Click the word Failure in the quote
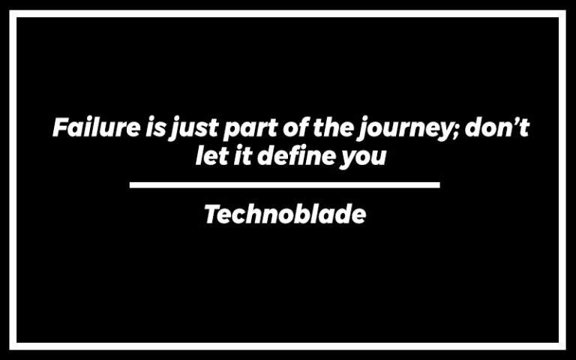click(x=95, y=127)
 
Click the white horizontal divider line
click(x=284, y=184)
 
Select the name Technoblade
click(x=285, y=215)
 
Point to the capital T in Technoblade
click(x=212, y=215)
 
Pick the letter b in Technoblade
click(x=307, y=215)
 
